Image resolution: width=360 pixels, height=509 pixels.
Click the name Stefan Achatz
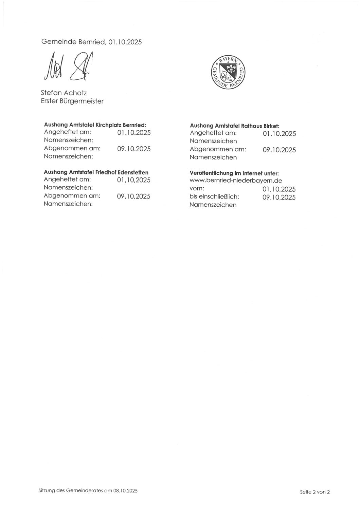[64, 93]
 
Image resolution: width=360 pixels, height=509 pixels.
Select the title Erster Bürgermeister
[72, 101]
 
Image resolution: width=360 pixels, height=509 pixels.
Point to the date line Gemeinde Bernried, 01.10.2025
[91, 42]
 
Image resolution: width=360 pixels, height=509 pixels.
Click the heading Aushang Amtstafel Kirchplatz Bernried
[95, 125]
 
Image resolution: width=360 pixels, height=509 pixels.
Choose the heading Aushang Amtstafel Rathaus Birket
[234, 126]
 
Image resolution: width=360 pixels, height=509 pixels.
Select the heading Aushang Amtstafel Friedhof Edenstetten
[96, 172]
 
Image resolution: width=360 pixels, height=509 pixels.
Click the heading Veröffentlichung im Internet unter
[234, 173]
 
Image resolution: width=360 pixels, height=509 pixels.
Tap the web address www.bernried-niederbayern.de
[236, 181]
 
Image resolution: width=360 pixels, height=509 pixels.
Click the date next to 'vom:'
[279, 189]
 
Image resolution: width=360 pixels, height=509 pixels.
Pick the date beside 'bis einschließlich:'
[279, 197]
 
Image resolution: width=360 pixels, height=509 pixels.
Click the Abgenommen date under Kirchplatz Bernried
[134, 149]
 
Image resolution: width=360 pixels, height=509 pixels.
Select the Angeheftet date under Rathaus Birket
[279, 134]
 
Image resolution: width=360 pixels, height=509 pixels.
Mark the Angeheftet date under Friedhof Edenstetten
[133, 180]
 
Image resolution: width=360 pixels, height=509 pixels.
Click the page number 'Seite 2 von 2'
[315, 492]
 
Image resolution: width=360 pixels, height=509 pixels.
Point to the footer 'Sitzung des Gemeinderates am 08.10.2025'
[88, 491]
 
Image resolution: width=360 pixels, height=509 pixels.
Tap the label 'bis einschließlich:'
[214, 196]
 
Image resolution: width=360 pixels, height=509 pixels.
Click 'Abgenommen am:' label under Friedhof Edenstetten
[72, 195]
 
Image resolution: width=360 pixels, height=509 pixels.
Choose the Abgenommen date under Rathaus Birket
[279, 150]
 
